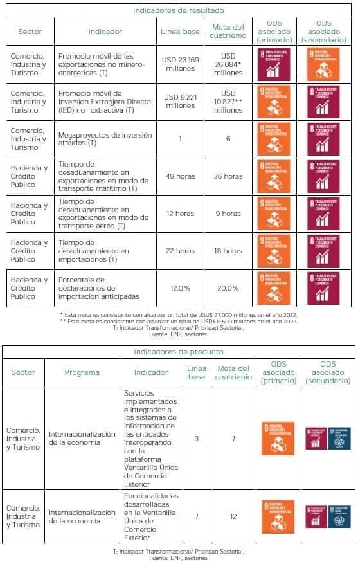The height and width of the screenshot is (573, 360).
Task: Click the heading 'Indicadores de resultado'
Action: (179, 10)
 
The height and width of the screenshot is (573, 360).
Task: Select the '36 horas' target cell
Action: (228, 176)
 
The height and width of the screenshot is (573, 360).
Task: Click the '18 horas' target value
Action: (228, 251)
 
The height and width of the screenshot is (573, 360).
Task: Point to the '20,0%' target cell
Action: (228, 288)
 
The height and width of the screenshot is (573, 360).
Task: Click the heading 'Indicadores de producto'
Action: (179, 352)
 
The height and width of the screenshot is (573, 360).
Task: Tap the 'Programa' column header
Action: (82, 372)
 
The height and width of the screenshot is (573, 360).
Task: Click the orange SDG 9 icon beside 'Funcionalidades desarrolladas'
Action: (278, 516)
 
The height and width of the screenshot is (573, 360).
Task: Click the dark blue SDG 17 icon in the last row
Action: (339, 516)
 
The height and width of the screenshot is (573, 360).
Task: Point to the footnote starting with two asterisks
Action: (179, 322)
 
